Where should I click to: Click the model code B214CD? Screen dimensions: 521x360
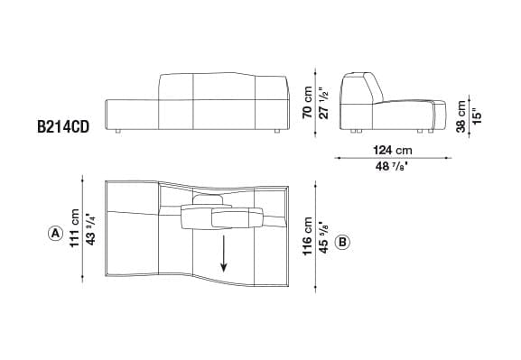(x=63, y=127)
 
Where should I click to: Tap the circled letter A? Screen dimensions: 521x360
(x=55, y=234)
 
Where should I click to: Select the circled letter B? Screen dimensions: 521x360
(x=342, y=242)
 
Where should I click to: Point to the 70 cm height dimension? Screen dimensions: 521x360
(x=307, y=102)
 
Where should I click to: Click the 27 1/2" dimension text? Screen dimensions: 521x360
(x=323, y=103)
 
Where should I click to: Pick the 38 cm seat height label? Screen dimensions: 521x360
(x=461, y=116)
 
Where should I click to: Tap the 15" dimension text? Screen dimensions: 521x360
(x=477, y=116)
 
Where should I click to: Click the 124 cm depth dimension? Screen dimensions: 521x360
(x=393, y=150)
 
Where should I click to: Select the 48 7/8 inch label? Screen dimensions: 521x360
(x=391, y=166)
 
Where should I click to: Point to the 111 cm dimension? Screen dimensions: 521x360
(x=74, y=228)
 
